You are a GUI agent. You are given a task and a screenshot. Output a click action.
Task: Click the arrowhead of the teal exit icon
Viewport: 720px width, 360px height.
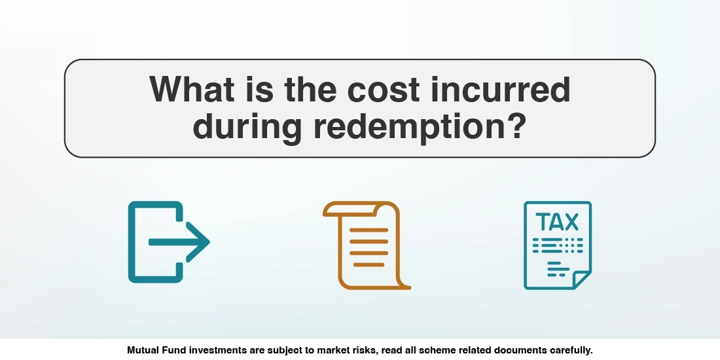(199, 242)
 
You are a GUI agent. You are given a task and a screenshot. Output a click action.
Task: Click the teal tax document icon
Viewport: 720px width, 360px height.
(557, 245)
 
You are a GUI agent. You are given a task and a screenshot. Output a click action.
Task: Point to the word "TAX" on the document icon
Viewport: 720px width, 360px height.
(557, 222)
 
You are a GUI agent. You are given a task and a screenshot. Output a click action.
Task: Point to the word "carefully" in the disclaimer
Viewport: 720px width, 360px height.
(567, 350)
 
